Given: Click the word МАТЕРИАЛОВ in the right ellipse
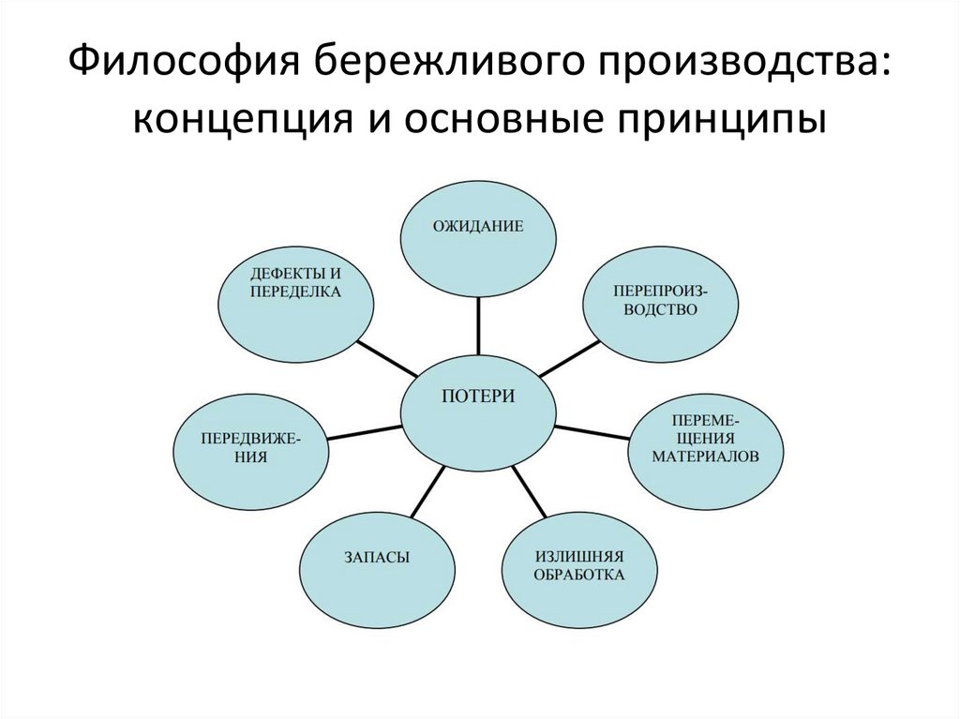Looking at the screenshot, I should tap(706, 456).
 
